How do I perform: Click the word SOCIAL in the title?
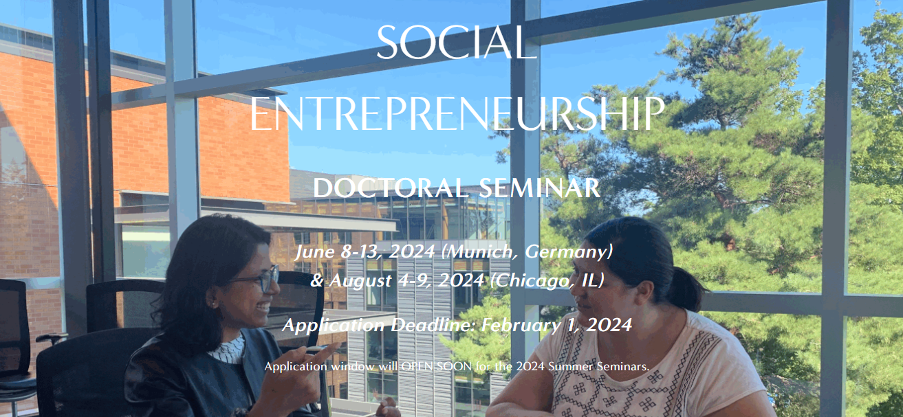[456, 43]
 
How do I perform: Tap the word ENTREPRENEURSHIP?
[457, 114]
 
